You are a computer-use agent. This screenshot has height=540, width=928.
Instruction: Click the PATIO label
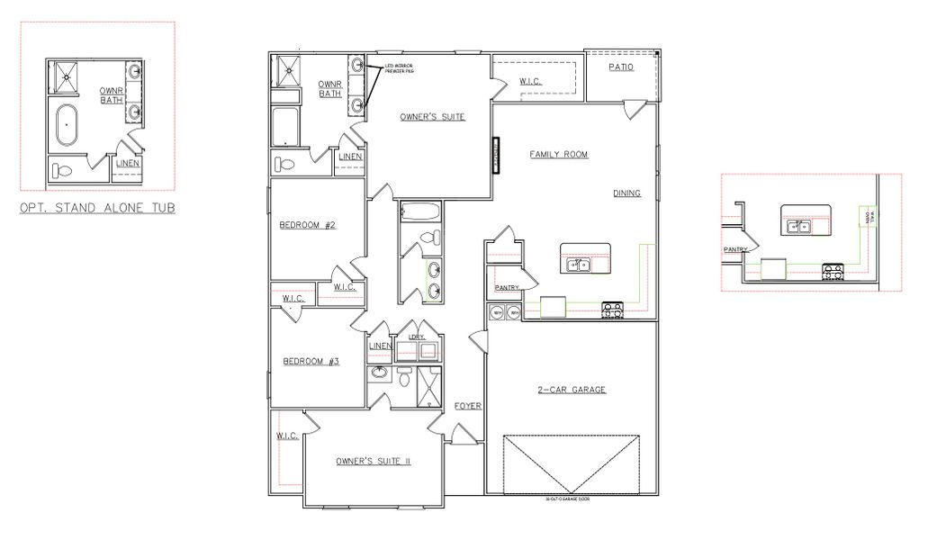[620, 67]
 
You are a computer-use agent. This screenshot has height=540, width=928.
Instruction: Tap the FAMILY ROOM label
[558, 155]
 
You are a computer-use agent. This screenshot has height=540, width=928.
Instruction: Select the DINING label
[627, 193]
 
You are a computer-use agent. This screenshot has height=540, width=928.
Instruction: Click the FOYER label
[468, 406]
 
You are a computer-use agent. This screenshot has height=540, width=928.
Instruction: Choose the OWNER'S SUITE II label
[373, 461]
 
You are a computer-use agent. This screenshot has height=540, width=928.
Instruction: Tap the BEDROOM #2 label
[307, 225]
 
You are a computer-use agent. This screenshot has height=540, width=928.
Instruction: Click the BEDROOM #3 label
[311, 362]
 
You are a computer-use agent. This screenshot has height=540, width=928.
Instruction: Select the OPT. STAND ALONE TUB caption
[97, 208]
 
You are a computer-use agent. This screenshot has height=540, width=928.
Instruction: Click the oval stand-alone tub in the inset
[68, 125]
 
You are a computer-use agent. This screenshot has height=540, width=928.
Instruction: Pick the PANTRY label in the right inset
[735, 249]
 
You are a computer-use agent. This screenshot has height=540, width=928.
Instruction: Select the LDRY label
[416, 337]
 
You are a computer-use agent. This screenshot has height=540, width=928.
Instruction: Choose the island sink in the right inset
[798, 227]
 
